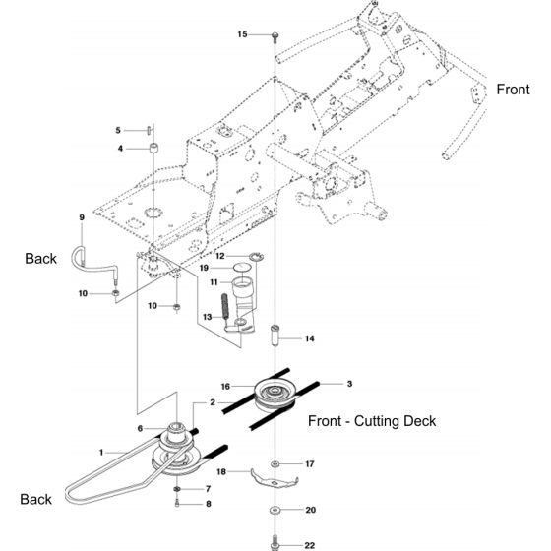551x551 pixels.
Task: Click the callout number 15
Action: click(x=243, y=34)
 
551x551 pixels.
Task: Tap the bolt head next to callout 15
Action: click(x=275, y=35)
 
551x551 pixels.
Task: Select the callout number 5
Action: click(x=119, y=129)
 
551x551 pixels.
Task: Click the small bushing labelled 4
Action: click(x=154, y=148)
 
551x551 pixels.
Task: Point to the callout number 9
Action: click(x=83, y=217)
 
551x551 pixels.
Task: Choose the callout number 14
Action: click(x=310, y=338)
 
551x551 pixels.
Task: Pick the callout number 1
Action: click(x=100, y=452)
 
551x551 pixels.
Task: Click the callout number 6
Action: click(x=141, y=428)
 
